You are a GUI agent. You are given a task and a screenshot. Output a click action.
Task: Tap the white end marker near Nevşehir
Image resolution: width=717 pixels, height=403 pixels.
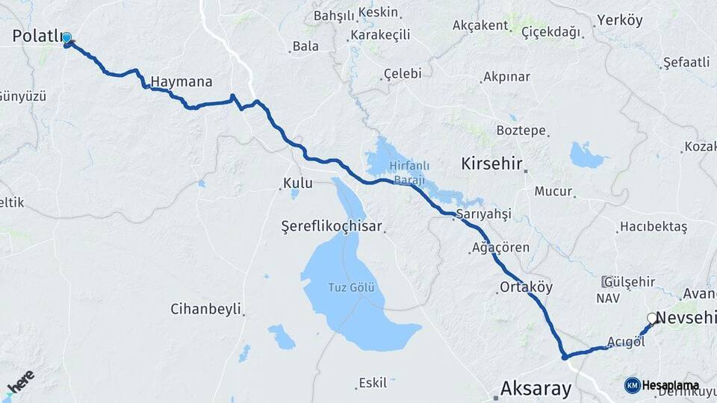pos(651,319)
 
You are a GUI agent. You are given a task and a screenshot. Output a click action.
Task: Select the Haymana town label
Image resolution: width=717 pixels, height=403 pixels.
pos(181,81)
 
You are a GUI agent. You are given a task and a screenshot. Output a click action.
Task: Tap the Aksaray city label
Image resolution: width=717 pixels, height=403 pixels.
pos(536,388)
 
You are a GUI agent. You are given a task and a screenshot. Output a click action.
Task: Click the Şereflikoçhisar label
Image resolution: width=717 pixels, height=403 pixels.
pos(332,225)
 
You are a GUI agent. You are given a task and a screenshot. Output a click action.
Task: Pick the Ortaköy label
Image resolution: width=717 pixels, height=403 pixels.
pos(527,287)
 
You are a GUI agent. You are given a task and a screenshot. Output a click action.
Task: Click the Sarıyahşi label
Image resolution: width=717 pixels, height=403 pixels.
pos(483,214)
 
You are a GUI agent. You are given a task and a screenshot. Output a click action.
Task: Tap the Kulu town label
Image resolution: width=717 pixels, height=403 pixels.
pos(297,183)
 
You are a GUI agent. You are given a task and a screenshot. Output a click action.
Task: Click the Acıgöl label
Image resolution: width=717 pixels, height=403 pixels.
pos(625,342)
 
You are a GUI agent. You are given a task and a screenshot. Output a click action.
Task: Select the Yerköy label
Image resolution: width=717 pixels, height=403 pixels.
pos(620,20)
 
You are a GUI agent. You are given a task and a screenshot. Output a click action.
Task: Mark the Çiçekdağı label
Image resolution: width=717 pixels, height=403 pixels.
pos(530,31)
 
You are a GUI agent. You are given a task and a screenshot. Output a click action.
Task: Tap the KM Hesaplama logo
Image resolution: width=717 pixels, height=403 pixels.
pos(657,384)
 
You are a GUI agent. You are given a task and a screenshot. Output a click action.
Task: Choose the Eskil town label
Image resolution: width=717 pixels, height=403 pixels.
pos(373,383)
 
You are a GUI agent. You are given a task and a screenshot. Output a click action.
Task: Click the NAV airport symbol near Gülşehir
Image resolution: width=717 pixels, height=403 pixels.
pos(607,282)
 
